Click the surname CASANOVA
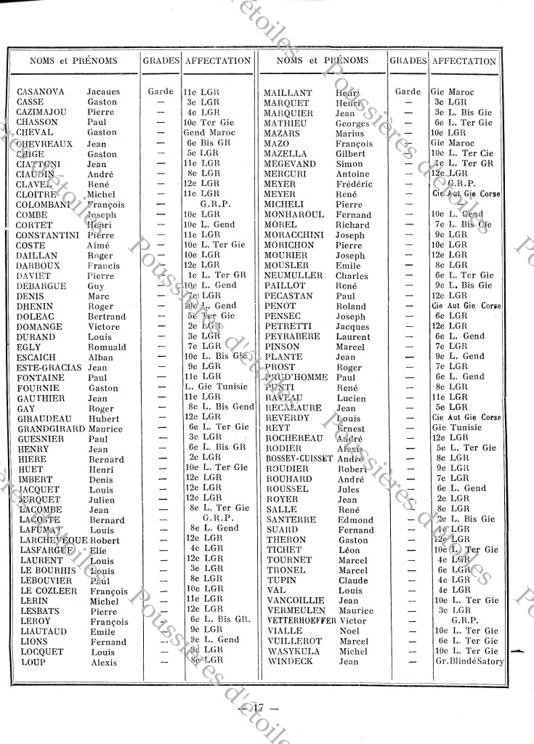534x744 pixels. pyautogui.click(x=41, y=92)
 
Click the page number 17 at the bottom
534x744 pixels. pyautogui.click(x=257, y=706)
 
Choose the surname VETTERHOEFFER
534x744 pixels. pyautogui.click(x=301, y=621)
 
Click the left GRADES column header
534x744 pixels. pyautogui.click(x=161, y=62)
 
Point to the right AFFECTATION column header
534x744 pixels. pyautogui.click(x=464, y=62)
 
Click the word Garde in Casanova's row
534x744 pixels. pyautogui.click(x=161, y=92)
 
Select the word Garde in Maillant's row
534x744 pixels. pyautogui.click(x=408, y=92)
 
